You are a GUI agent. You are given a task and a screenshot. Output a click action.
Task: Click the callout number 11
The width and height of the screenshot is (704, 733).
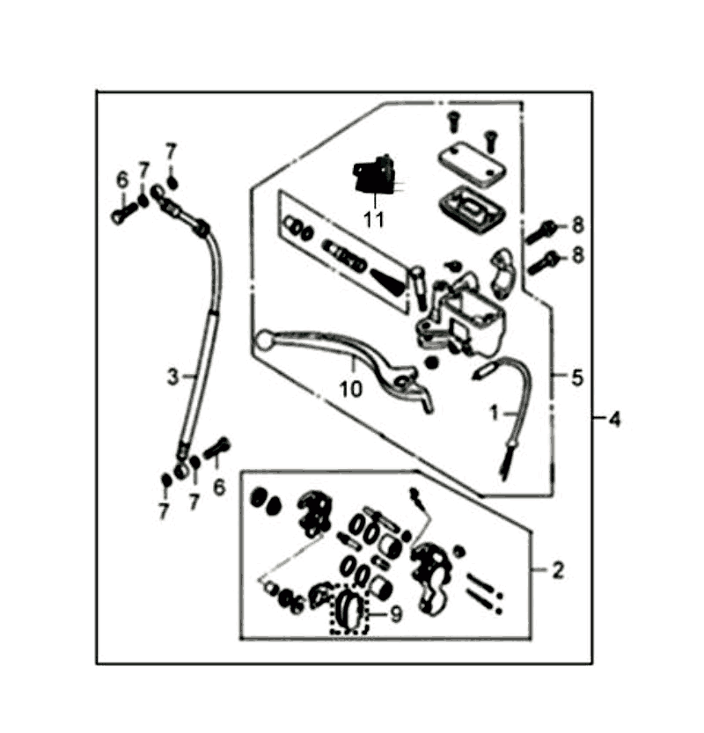coord(373,219)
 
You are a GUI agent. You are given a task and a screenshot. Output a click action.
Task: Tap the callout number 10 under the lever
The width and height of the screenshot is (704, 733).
coord(350,388)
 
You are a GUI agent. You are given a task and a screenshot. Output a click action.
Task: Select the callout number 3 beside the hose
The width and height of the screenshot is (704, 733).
coord(173,377)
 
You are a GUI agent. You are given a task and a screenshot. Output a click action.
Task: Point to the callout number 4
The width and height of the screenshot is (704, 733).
coord(615,419)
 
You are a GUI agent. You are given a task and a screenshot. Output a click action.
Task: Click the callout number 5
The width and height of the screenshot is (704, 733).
coord(578,377)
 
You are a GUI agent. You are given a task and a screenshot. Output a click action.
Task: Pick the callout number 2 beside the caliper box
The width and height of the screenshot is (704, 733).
coord(558,570)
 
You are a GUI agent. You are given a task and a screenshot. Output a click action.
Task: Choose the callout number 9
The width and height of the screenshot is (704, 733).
coord(396,614)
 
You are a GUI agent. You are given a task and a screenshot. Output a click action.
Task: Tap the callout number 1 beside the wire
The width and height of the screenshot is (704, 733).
coord(494,413)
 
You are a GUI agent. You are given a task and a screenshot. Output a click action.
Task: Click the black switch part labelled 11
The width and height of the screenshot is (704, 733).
coord(374,175)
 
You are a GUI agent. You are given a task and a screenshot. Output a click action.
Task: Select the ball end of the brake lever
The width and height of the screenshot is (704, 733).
coord(265,340)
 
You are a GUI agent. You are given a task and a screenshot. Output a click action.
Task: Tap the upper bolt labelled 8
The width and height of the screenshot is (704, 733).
coord(542,232)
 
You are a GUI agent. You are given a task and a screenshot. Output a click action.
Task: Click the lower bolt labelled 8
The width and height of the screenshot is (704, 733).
coord(544,263)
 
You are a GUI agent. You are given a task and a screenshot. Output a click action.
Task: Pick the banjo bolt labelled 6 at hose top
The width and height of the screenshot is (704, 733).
coord(123,213)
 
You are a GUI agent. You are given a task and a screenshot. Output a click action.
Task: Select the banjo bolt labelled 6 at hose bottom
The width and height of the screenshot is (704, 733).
coord(216,448)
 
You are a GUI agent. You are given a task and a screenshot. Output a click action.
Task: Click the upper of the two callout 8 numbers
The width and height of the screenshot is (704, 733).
coord(578,225)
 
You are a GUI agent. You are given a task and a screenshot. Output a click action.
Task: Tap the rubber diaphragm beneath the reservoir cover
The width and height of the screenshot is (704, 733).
coord(473,209)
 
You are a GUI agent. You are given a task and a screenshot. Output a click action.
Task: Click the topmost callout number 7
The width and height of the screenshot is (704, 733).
coord(171,152)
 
